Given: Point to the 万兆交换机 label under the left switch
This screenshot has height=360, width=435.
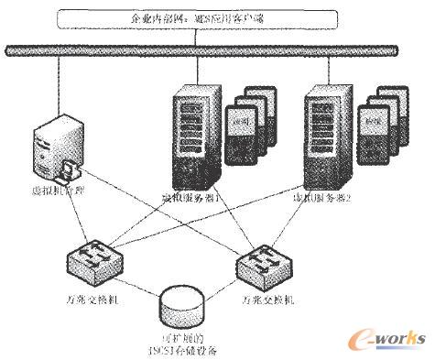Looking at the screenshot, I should coord(87,299).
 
